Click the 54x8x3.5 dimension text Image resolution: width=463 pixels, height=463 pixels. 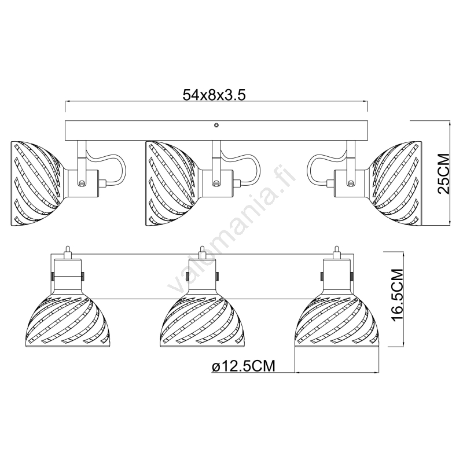tap(214, 95)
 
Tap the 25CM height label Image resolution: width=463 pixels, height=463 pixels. tap(443, 174)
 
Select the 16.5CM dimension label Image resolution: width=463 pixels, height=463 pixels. tap(396, 295)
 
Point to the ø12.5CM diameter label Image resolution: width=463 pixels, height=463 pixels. tap(243, 366)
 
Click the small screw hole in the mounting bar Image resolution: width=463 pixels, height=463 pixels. tap(216, 126)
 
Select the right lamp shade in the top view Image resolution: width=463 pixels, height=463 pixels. tap(396, 183)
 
